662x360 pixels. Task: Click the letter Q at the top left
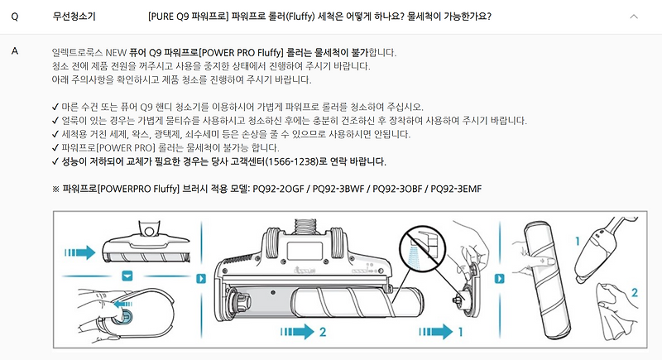click(15, 17)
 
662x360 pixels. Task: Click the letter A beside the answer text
click(15, 51)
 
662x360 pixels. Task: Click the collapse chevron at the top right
click(634, 17)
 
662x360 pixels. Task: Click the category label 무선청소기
click(74, 17)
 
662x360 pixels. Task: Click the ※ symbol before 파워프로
click(55, 189)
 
